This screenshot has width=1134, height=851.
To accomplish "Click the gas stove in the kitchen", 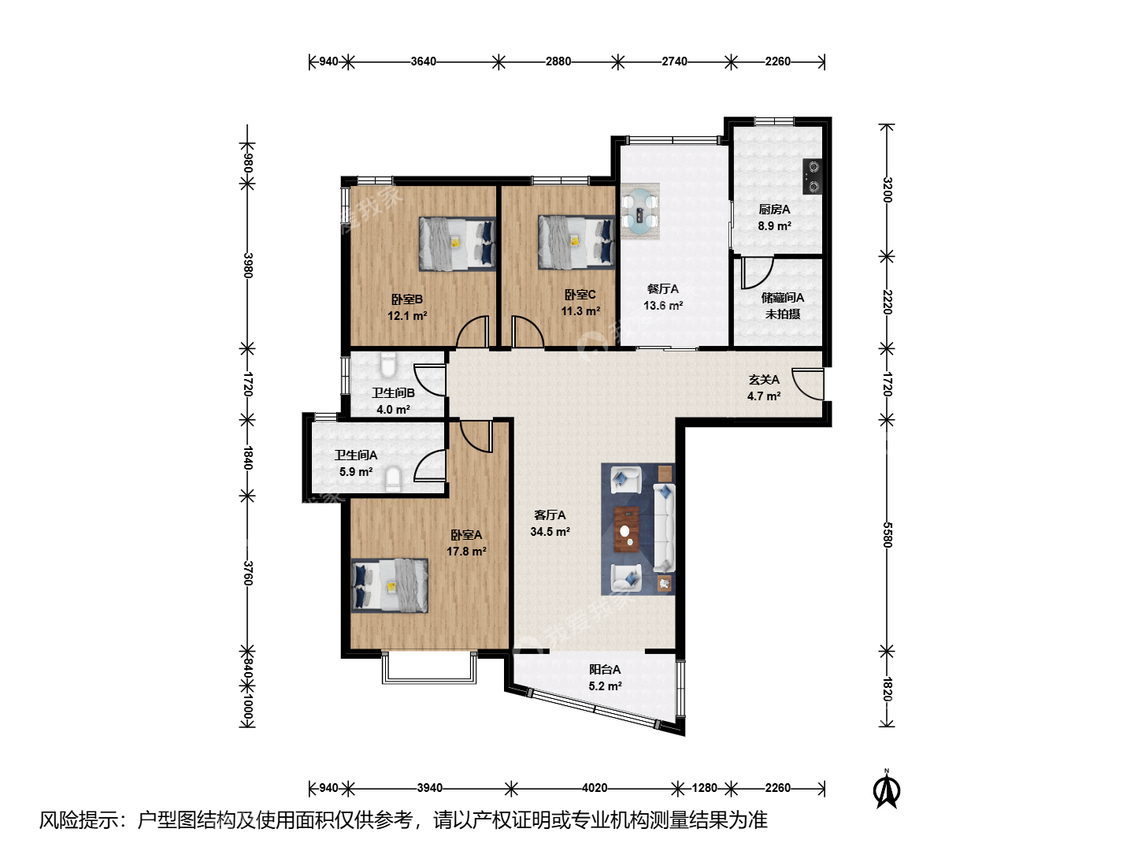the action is click(813, 177).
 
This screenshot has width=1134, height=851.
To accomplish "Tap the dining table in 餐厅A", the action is click(640, 211).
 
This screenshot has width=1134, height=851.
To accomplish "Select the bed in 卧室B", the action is click(458, 243).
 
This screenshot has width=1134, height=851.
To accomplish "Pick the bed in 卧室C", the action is click(576, 243).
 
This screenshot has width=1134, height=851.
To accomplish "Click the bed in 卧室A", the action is click(390, 585).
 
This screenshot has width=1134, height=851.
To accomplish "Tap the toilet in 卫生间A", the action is click(394, 479).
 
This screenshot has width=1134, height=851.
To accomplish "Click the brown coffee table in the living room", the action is click(626, 530).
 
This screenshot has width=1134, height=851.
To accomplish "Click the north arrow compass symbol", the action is click(887, 789).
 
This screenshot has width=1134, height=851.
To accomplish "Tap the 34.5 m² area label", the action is click(550, 532).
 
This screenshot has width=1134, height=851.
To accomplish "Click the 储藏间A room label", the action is click(783, 298).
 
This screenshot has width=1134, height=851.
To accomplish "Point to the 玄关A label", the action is click(764, 380).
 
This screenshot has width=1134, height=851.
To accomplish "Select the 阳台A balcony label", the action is click(605, 670).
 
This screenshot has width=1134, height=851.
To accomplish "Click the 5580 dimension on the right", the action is click(887, 535).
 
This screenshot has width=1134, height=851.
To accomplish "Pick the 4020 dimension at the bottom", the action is click(595, 788).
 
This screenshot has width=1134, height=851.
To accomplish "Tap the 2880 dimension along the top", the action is click(558, 61).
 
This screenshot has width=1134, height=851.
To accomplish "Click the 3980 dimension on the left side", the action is click(248, 265).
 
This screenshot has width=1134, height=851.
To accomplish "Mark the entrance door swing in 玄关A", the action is click(807, 384).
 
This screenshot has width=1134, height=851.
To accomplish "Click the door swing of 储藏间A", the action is click(757, 273).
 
